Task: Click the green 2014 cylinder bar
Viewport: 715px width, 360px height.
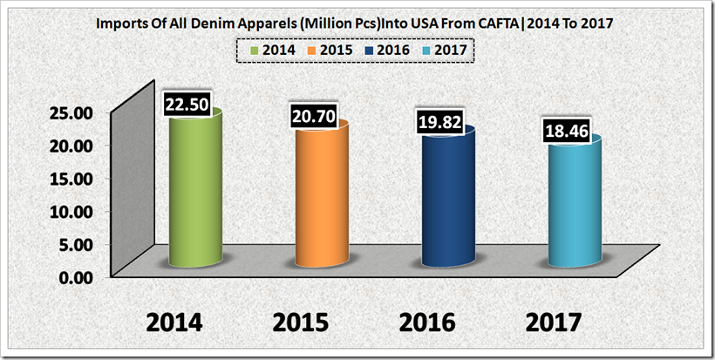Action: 195,192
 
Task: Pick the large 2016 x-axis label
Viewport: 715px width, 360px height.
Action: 428,322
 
